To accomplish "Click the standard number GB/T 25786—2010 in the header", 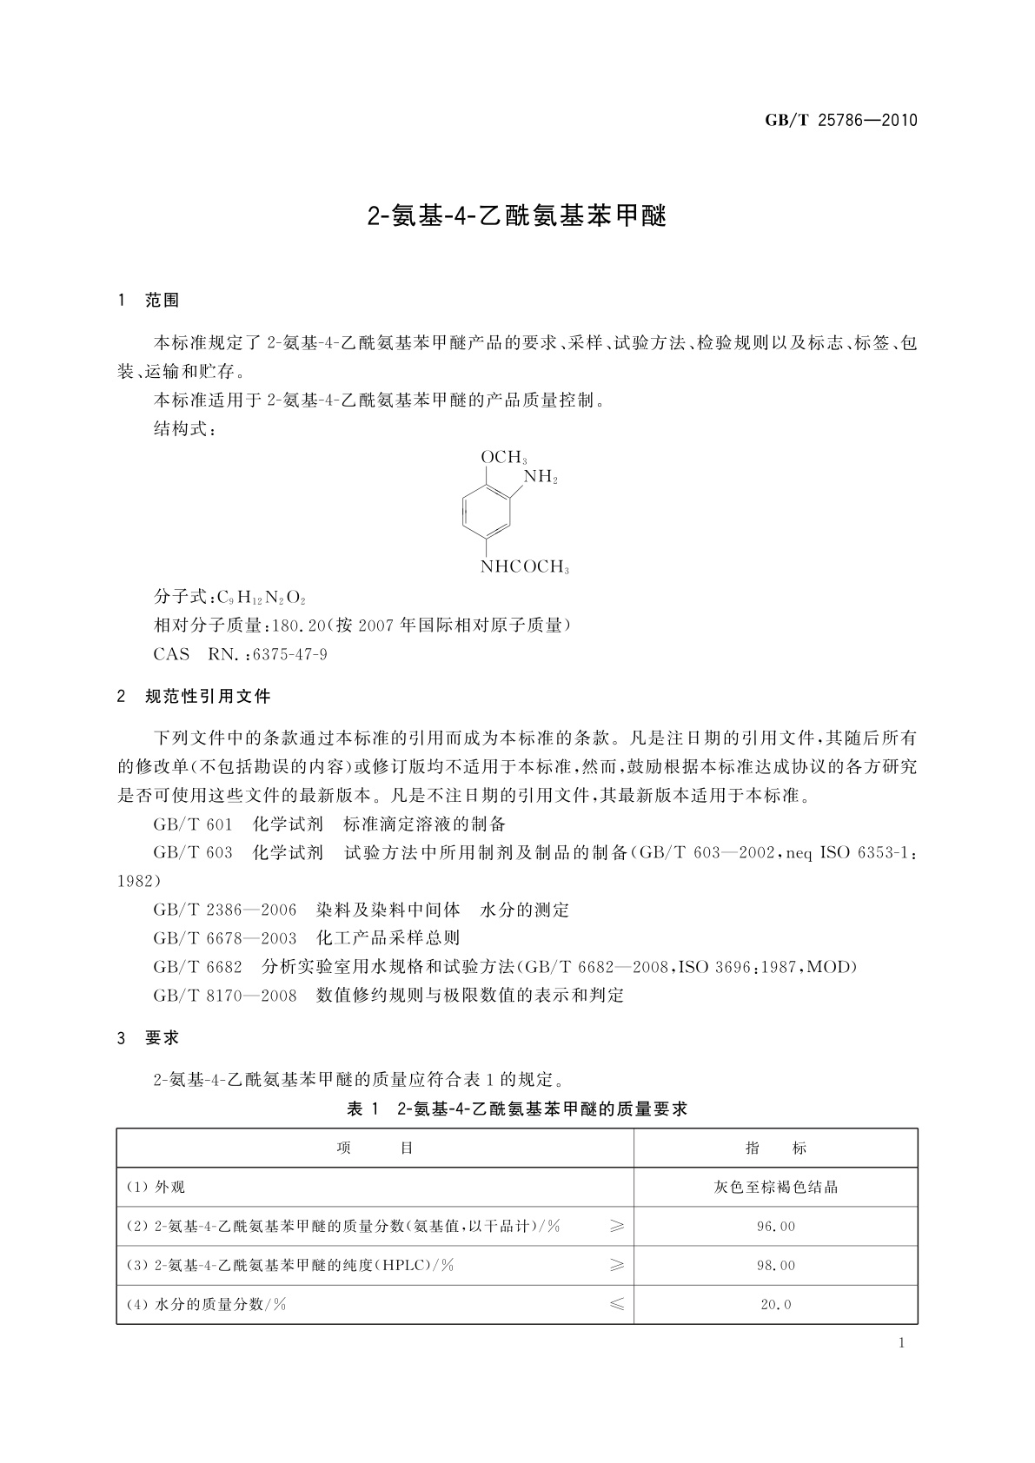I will [840, 121].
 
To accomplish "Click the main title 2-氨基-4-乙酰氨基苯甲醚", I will [517, 216].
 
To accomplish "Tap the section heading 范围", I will [163, 301].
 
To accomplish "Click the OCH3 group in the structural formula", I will [503, 457].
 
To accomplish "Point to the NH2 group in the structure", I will [540, 477].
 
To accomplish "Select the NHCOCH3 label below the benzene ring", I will [524, 568].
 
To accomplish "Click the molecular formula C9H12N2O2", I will [261, 597].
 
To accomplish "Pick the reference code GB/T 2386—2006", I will [224, 910].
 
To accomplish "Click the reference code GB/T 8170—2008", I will [224, 996].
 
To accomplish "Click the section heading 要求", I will [163, 1037].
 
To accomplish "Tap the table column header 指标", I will [776, 1148].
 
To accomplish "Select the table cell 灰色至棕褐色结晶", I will [776, 1187].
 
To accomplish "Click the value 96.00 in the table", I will [776, 1227].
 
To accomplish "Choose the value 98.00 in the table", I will [776, 1266].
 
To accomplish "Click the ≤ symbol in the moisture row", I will [616, 1304].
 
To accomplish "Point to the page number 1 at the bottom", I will [901, 1343].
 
